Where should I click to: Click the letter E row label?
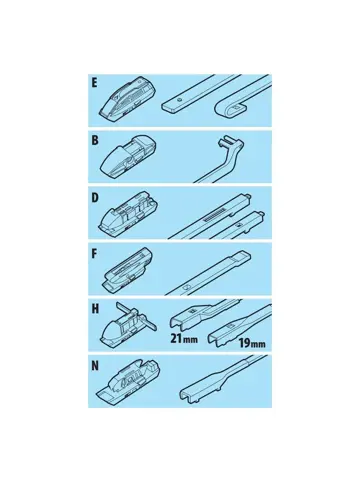coord(95,83)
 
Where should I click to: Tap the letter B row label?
coord(95,140)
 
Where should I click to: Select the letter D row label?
coord(95,198)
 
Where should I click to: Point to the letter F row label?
coord(95,254)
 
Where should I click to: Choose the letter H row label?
coord(95,309)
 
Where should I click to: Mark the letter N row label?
coord(95,366)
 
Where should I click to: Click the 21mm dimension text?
coord(184,339)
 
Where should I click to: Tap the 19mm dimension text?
coord(252,343)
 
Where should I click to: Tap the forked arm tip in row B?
coord(227,143)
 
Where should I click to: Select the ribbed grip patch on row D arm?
coord(214,218)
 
